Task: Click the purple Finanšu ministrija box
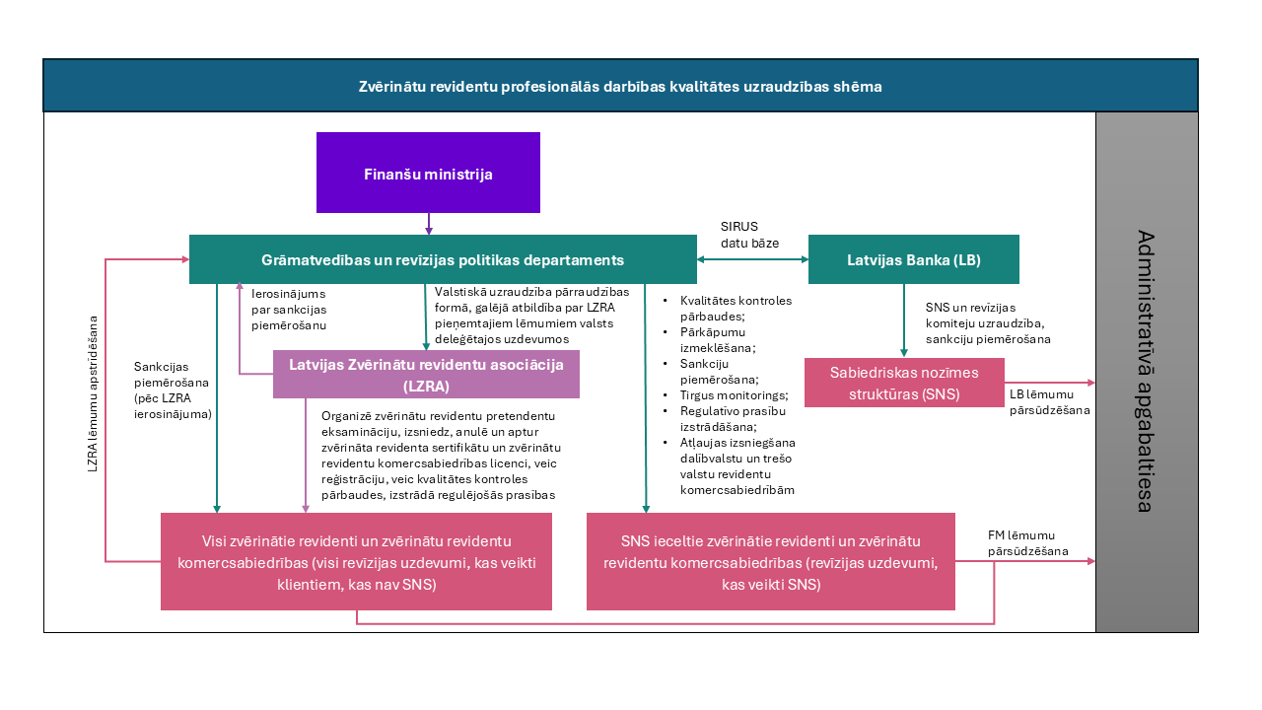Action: pos(428,174)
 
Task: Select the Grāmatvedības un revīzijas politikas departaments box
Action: pos(443,259)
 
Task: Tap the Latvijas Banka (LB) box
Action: pos(913,259)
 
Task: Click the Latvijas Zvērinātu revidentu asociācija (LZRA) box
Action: pos(426,374)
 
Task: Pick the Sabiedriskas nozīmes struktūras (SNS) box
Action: pos(904,382)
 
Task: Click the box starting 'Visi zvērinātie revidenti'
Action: pos(356,561)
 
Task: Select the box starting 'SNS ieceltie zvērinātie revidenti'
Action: pos(770,561)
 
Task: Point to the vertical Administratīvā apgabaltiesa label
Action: pos(1145,371)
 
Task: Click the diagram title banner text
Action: pos(619,87)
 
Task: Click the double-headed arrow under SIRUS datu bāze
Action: pos(752,259)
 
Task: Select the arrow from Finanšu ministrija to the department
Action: pos(429,224)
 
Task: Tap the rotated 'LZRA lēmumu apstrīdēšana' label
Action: pos(94,393)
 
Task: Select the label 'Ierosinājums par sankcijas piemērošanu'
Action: pos(289,309)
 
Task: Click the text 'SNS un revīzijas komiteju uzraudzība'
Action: pos(987,316)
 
